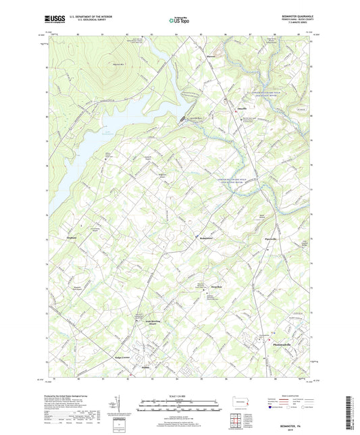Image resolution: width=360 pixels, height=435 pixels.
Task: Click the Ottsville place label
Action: click(237, 106)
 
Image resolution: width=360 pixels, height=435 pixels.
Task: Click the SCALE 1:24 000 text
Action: click(179, 396)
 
